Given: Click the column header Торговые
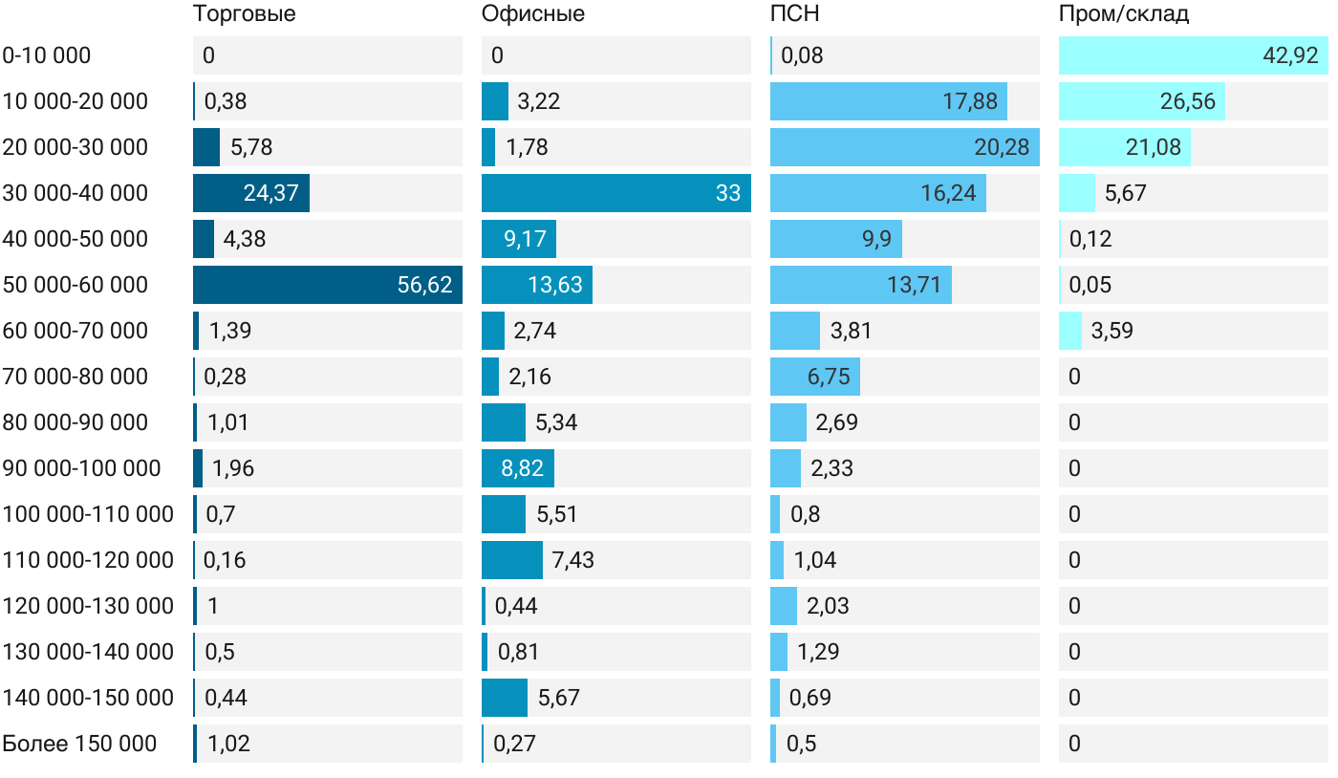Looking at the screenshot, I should [x=244, y=14].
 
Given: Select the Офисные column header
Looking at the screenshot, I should [x=532, y=14].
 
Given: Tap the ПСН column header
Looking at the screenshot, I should [x=794, y=14].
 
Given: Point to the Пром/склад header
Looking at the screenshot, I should [x=1123, y=14].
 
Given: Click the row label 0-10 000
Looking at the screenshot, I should [x=47, y=55].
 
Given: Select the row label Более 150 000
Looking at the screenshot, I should [x=79, y=744].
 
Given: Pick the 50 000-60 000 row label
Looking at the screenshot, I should [x=76, y=285].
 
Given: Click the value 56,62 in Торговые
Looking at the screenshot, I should [x=424, y=285].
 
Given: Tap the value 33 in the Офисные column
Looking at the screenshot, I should [x=727, y=193].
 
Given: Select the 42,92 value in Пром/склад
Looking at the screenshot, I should [x=1290, y=55].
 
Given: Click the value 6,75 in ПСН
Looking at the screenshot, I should [x=829, y=377].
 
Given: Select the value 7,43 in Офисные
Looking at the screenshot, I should [x=572, y=560].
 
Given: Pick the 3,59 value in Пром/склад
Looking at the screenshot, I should [x=1111, y=331].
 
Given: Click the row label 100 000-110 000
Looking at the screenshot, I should [x=88, y=514].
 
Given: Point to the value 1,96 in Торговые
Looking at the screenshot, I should [x=233, y=468].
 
